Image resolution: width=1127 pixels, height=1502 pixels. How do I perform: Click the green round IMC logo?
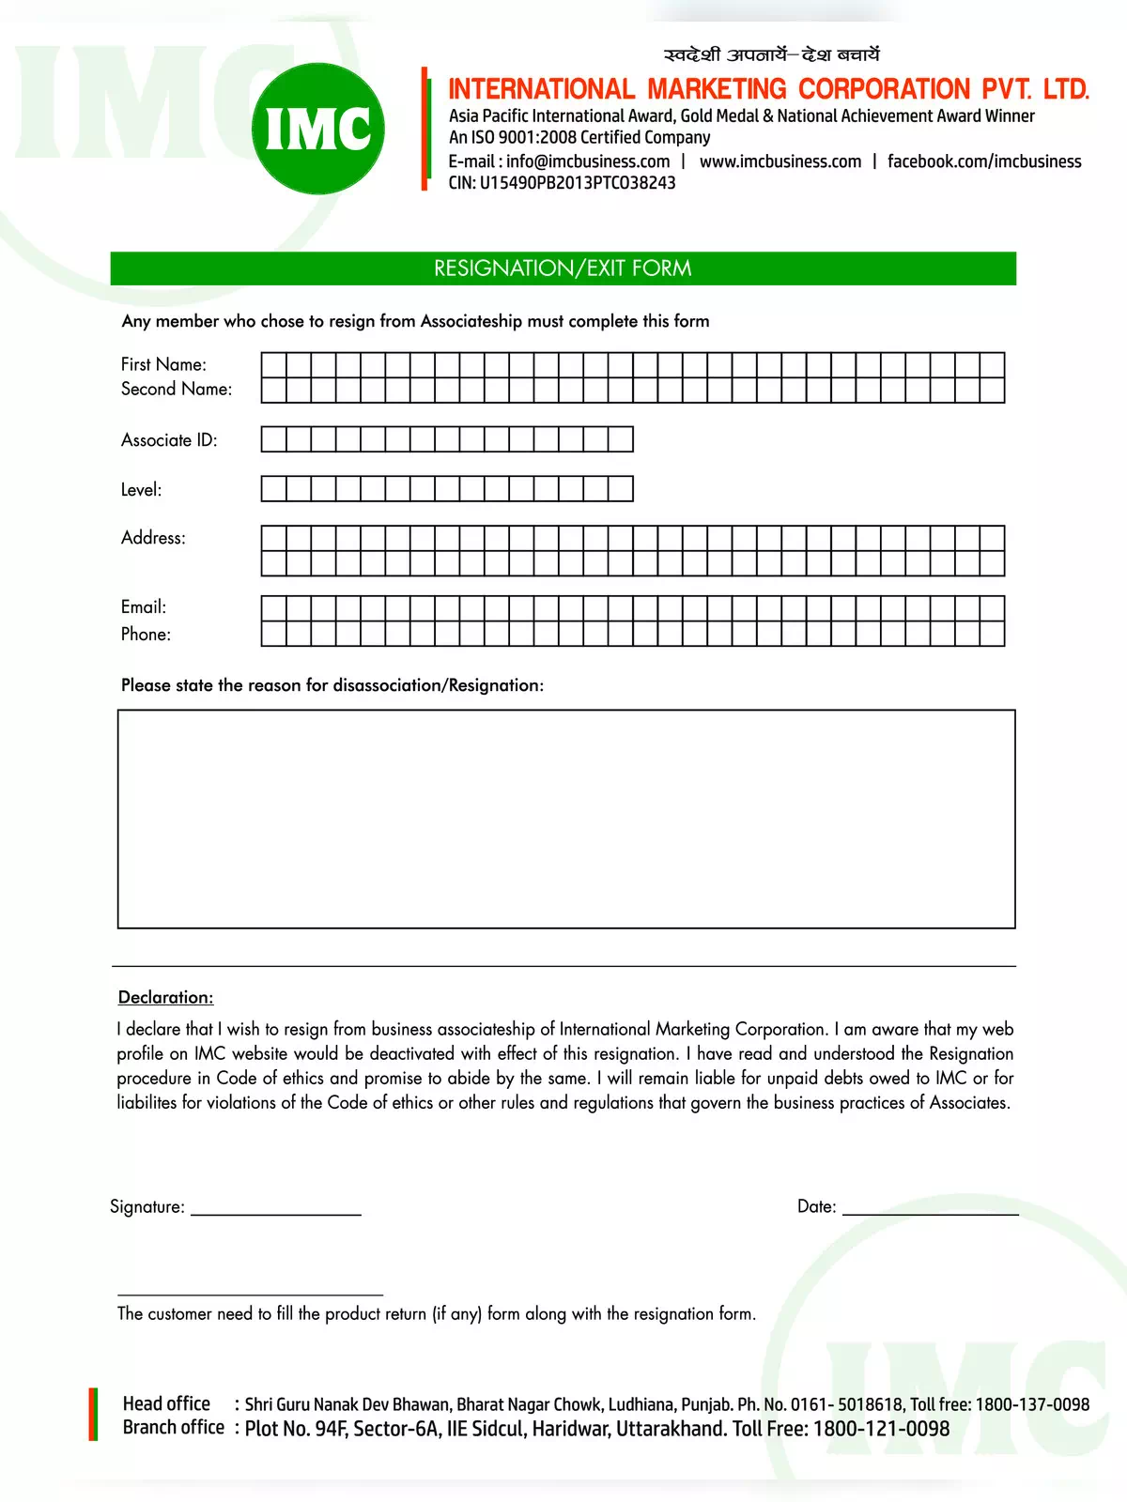[x=318, y=129]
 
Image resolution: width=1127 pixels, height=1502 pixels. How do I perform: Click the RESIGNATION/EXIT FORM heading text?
[x=563, y=268]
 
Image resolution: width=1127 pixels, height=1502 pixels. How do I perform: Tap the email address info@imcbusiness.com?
[x=588, y=161]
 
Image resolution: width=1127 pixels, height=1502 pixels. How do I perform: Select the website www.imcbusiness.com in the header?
[x=780, y=161]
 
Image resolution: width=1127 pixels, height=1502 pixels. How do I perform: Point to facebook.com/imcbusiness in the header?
[x=984, y=161]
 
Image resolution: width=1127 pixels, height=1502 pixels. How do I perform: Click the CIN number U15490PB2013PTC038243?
[x=578, y=183]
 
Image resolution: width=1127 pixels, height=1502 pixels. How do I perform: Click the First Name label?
[x=163, y=364]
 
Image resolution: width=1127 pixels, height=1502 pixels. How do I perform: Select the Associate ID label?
[x=169, y=440]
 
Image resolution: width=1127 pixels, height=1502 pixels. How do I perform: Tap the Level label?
[x=141, y=490]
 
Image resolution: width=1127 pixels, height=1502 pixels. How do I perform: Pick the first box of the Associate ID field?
[x=273, y=439]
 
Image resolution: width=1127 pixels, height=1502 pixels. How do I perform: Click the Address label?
[x=153, y=538]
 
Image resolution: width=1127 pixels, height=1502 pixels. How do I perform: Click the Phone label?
[x=146, y=635]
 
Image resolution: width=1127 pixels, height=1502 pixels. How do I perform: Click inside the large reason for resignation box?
[x=566, y=819]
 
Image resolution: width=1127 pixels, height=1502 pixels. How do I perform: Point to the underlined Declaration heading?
[x=165, y=998]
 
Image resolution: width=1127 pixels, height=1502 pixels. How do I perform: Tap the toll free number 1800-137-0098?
[x=1032, y=1405]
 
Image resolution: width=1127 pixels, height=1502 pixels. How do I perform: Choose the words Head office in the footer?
[x=166, y=1404]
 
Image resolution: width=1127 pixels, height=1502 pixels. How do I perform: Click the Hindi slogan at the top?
[x=771, y=55]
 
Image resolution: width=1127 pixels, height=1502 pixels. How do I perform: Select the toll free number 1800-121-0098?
[x=881, y=1430]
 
